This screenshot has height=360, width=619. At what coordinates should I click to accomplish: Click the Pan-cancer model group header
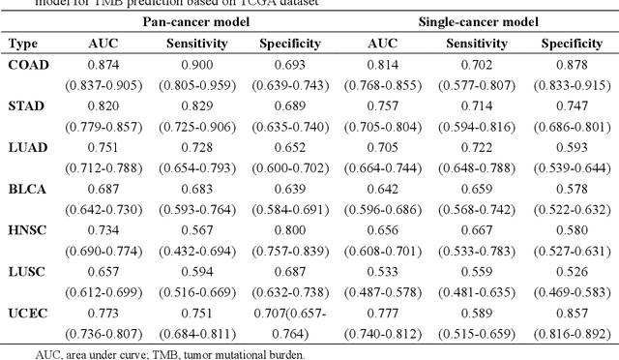pyautogui.click(x=200, y=20)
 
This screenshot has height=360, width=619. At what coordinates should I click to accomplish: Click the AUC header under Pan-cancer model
pyautogui.click(x=103, y=44)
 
